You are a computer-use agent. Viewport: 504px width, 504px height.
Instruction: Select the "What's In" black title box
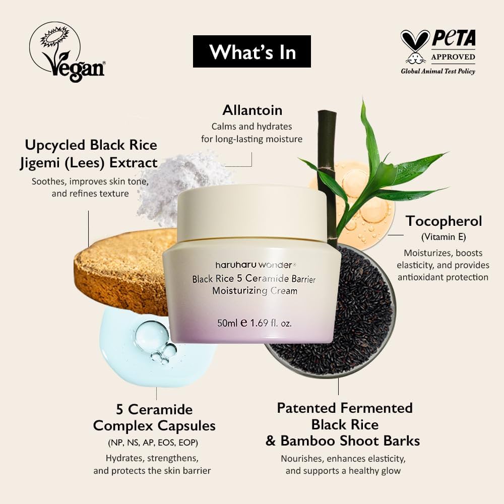pyautogui.click(x=252, y=51)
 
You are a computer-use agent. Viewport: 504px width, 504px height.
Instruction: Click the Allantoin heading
pyautogui.click(x=252, y=110)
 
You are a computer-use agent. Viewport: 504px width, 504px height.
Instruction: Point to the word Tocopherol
pyautogui.click(x=444, y=221)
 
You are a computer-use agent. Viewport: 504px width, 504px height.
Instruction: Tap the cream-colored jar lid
pyautogui.click(x=252, y=212)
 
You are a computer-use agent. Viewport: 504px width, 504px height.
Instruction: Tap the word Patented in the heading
pyautogui.click(x=307, y=408)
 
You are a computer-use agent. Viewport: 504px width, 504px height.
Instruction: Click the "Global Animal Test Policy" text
pyautogui.click(x=437, y=71)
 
